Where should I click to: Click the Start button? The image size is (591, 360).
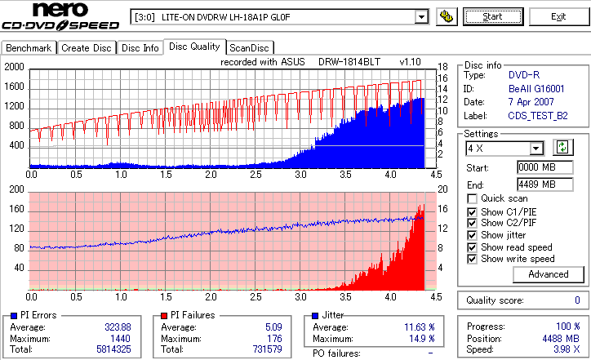tap(493, 16)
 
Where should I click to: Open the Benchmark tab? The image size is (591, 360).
tap(29, 48)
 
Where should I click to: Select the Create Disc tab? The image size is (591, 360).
tap(87, 48)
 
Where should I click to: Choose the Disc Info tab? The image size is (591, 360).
tap(140, 48)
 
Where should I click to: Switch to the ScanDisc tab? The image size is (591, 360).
tap(250, 48)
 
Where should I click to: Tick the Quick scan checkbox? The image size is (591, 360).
tap(473, 198)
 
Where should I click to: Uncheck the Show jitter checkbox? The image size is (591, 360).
tap(473, 235)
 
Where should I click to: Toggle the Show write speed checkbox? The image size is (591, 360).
tap(473, 259)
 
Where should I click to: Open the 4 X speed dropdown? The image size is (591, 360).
tap(536, 149)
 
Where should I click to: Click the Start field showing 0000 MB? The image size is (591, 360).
tap(536, 167)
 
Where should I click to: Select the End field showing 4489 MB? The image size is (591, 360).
tap(536, 184)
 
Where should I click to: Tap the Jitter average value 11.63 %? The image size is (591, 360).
tap(417, 327)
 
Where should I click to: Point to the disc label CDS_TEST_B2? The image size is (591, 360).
tap(538, 116)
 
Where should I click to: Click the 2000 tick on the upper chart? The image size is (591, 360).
tap(15, 67)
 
